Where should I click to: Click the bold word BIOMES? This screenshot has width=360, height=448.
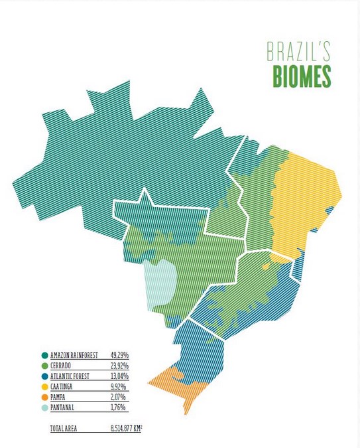(x=302, y=76)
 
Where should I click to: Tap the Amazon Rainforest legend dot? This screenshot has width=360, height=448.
(x=44, y=356)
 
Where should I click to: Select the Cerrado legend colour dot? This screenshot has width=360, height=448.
(x=44, y=366)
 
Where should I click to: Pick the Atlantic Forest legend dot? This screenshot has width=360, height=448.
(x=44, y=376)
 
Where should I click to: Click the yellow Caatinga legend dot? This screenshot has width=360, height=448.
(x=44, y=386)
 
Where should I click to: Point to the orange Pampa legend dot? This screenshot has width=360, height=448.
(x=44, y=396)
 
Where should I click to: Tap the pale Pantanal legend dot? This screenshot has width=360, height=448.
(x=44, y=406)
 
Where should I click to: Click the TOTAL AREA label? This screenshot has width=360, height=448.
(x=64, y=429)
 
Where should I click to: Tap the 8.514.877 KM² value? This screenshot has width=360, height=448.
(x=136, y=429)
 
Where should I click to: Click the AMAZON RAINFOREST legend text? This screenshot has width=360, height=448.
(x=74, y=356)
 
